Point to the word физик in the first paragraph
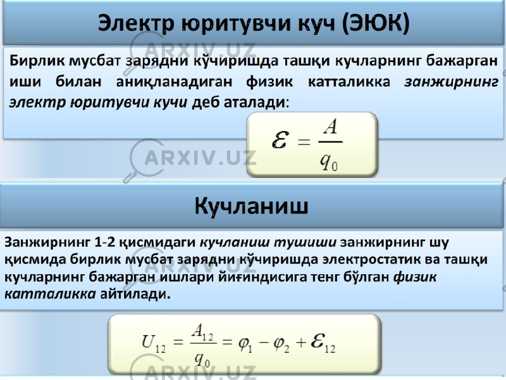click(x=269, y=82)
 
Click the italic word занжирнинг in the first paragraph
click(x=451, y=82)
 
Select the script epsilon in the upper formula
click(x=280, y=139)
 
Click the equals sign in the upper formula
click(x=304, y=142)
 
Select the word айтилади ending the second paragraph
click(x=134, y=294)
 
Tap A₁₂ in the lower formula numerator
click(x=202, y=331)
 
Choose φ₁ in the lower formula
click(x=245, y=343)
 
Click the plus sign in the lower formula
click(x=301, y=343)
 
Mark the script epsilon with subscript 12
click(x=323, y=343)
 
